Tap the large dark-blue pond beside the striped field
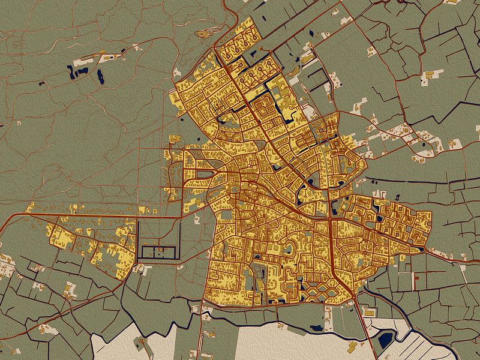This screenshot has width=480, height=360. [x=384, y=343]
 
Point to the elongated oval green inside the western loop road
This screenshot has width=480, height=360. [x=204, y=175]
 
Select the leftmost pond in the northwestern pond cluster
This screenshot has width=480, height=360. [x=73, y=74]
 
